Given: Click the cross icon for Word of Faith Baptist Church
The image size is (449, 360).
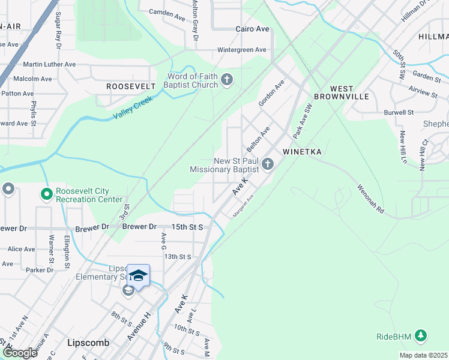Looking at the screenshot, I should pyautogui.click(x=227, y=79).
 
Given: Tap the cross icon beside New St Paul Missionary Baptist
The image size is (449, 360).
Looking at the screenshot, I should pyautogui.click(x=268, y=164).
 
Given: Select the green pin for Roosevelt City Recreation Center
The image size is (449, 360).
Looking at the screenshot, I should pyautogui.click(x=46, y=194).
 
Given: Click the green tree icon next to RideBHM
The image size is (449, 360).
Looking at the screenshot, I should pyautogui.click(x=421, y=336).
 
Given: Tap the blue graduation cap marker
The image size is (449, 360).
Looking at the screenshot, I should pyautogui.click(x=138, y=276).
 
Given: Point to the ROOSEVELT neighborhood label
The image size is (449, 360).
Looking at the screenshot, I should pyautogui.click(x=131, y=86).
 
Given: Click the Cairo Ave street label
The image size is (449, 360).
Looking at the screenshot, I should pyautogui.click(x=252, y=29).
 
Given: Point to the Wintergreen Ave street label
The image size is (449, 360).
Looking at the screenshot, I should pyautogui.click(x=241, y=50).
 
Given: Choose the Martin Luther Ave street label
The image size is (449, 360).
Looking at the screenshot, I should pyautogui.click(x=49, y=64).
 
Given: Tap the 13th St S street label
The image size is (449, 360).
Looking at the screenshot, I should pyautogui.click(x=178, y=256).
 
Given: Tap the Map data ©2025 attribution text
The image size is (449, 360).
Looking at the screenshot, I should pyautogui.click(x=423, y=355).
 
